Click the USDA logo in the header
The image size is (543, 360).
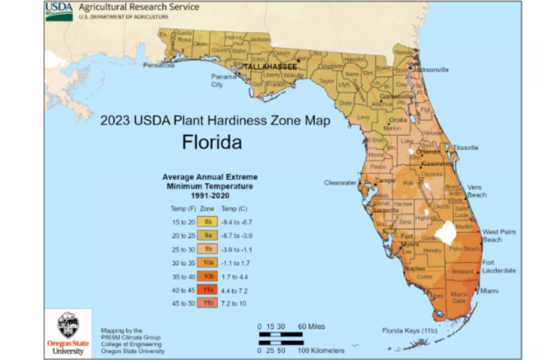click(x=59, y=11)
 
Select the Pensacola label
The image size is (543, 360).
click(x=159, y=65)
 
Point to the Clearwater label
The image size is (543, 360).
click(x=340, y=183)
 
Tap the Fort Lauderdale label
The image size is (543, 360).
click(x=498, y=266)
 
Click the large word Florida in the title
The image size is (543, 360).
click(x=212, y=142)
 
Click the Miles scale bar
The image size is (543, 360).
click(x=281, y=335)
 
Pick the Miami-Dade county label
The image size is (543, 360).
click(x=460, y=298)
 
